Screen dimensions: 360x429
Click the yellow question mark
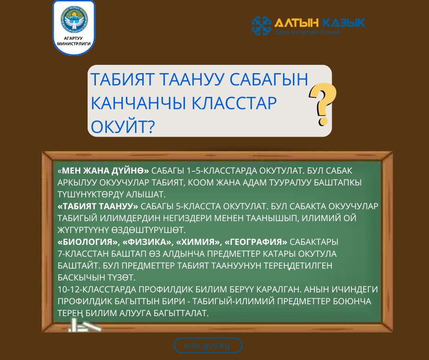coord(323,105)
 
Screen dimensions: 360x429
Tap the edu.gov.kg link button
coord(208,345)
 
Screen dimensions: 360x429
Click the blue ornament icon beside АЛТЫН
coord(262,26)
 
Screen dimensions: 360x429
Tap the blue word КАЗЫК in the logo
coord(343,22)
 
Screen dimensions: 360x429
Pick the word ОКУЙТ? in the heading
coord(122,126)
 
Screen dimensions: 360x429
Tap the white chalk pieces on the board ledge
coord(83,326)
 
